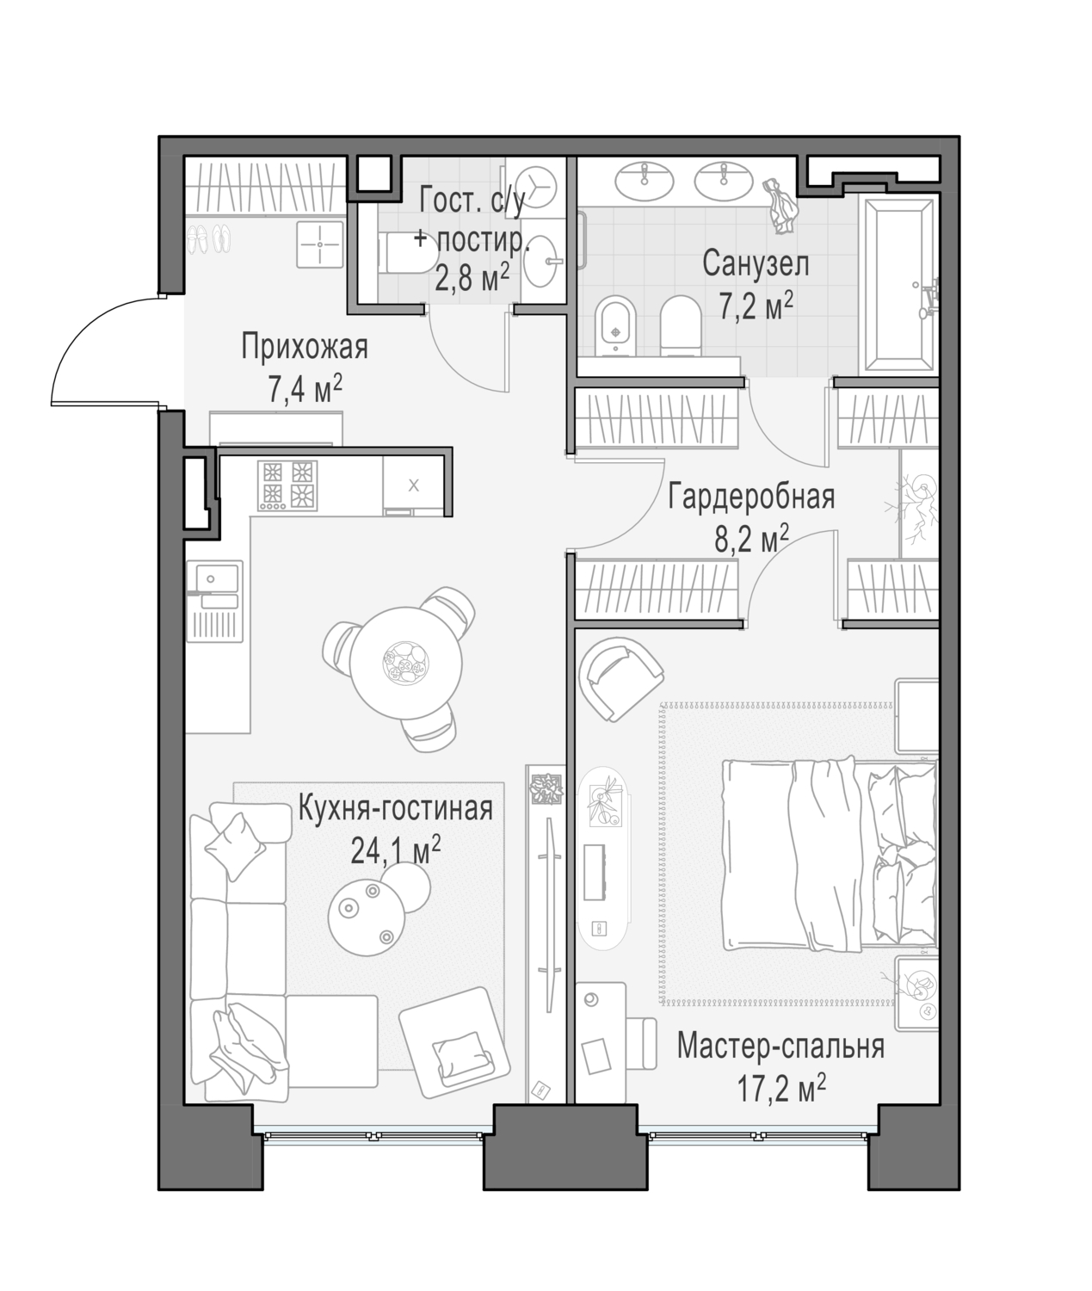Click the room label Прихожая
305,347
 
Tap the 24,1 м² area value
396,849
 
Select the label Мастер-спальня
780,1047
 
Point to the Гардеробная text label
751,497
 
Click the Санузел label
756,263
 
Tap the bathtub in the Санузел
899,286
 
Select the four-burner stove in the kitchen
287,486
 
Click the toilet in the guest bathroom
407,253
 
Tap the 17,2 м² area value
781,1087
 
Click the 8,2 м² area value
751,539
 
